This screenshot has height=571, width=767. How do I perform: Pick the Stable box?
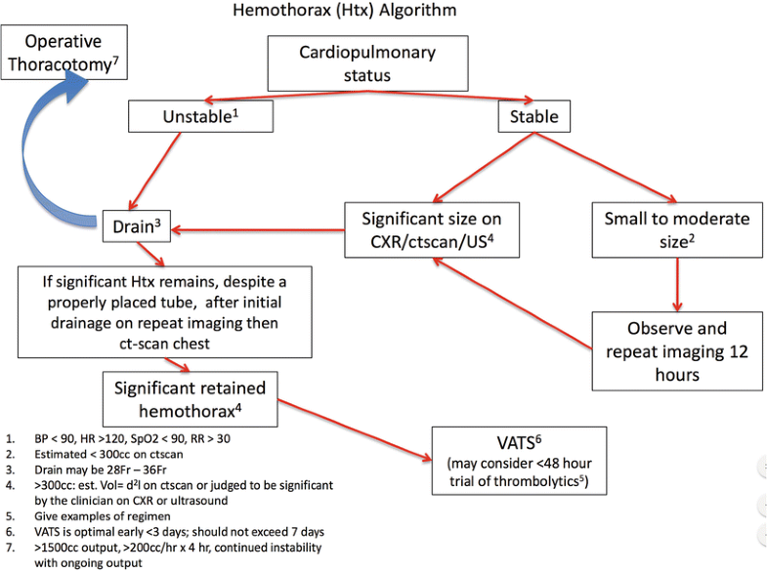click(529, 117)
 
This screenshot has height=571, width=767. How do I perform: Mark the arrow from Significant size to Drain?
click(258, 231)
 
